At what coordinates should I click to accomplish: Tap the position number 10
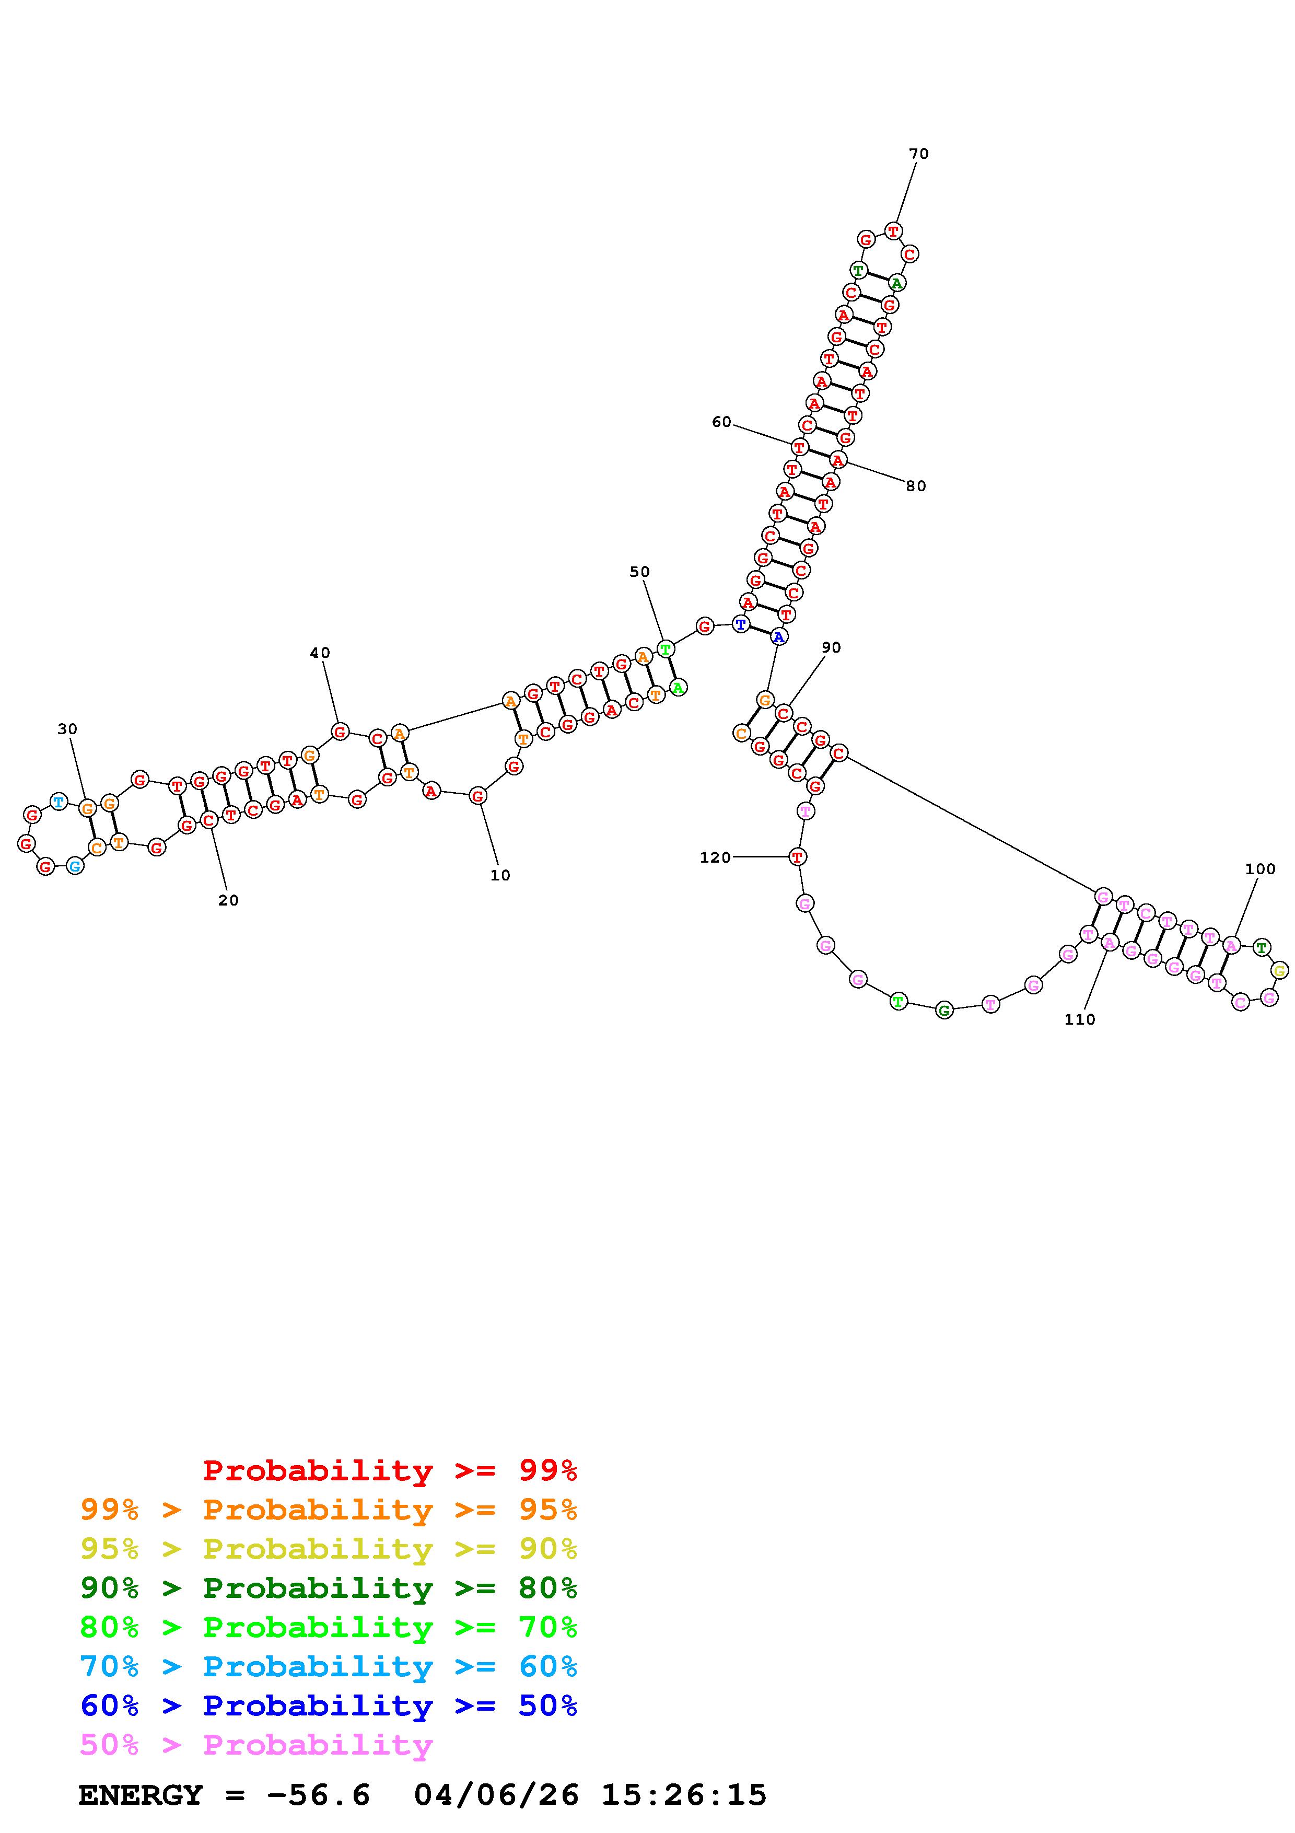click(500, 875)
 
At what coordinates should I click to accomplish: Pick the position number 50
click(640, 572)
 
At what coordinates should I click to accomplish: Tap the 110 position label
click(1080, 1019)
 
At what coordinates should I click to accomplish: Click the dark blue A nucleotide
click(779, 636)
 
